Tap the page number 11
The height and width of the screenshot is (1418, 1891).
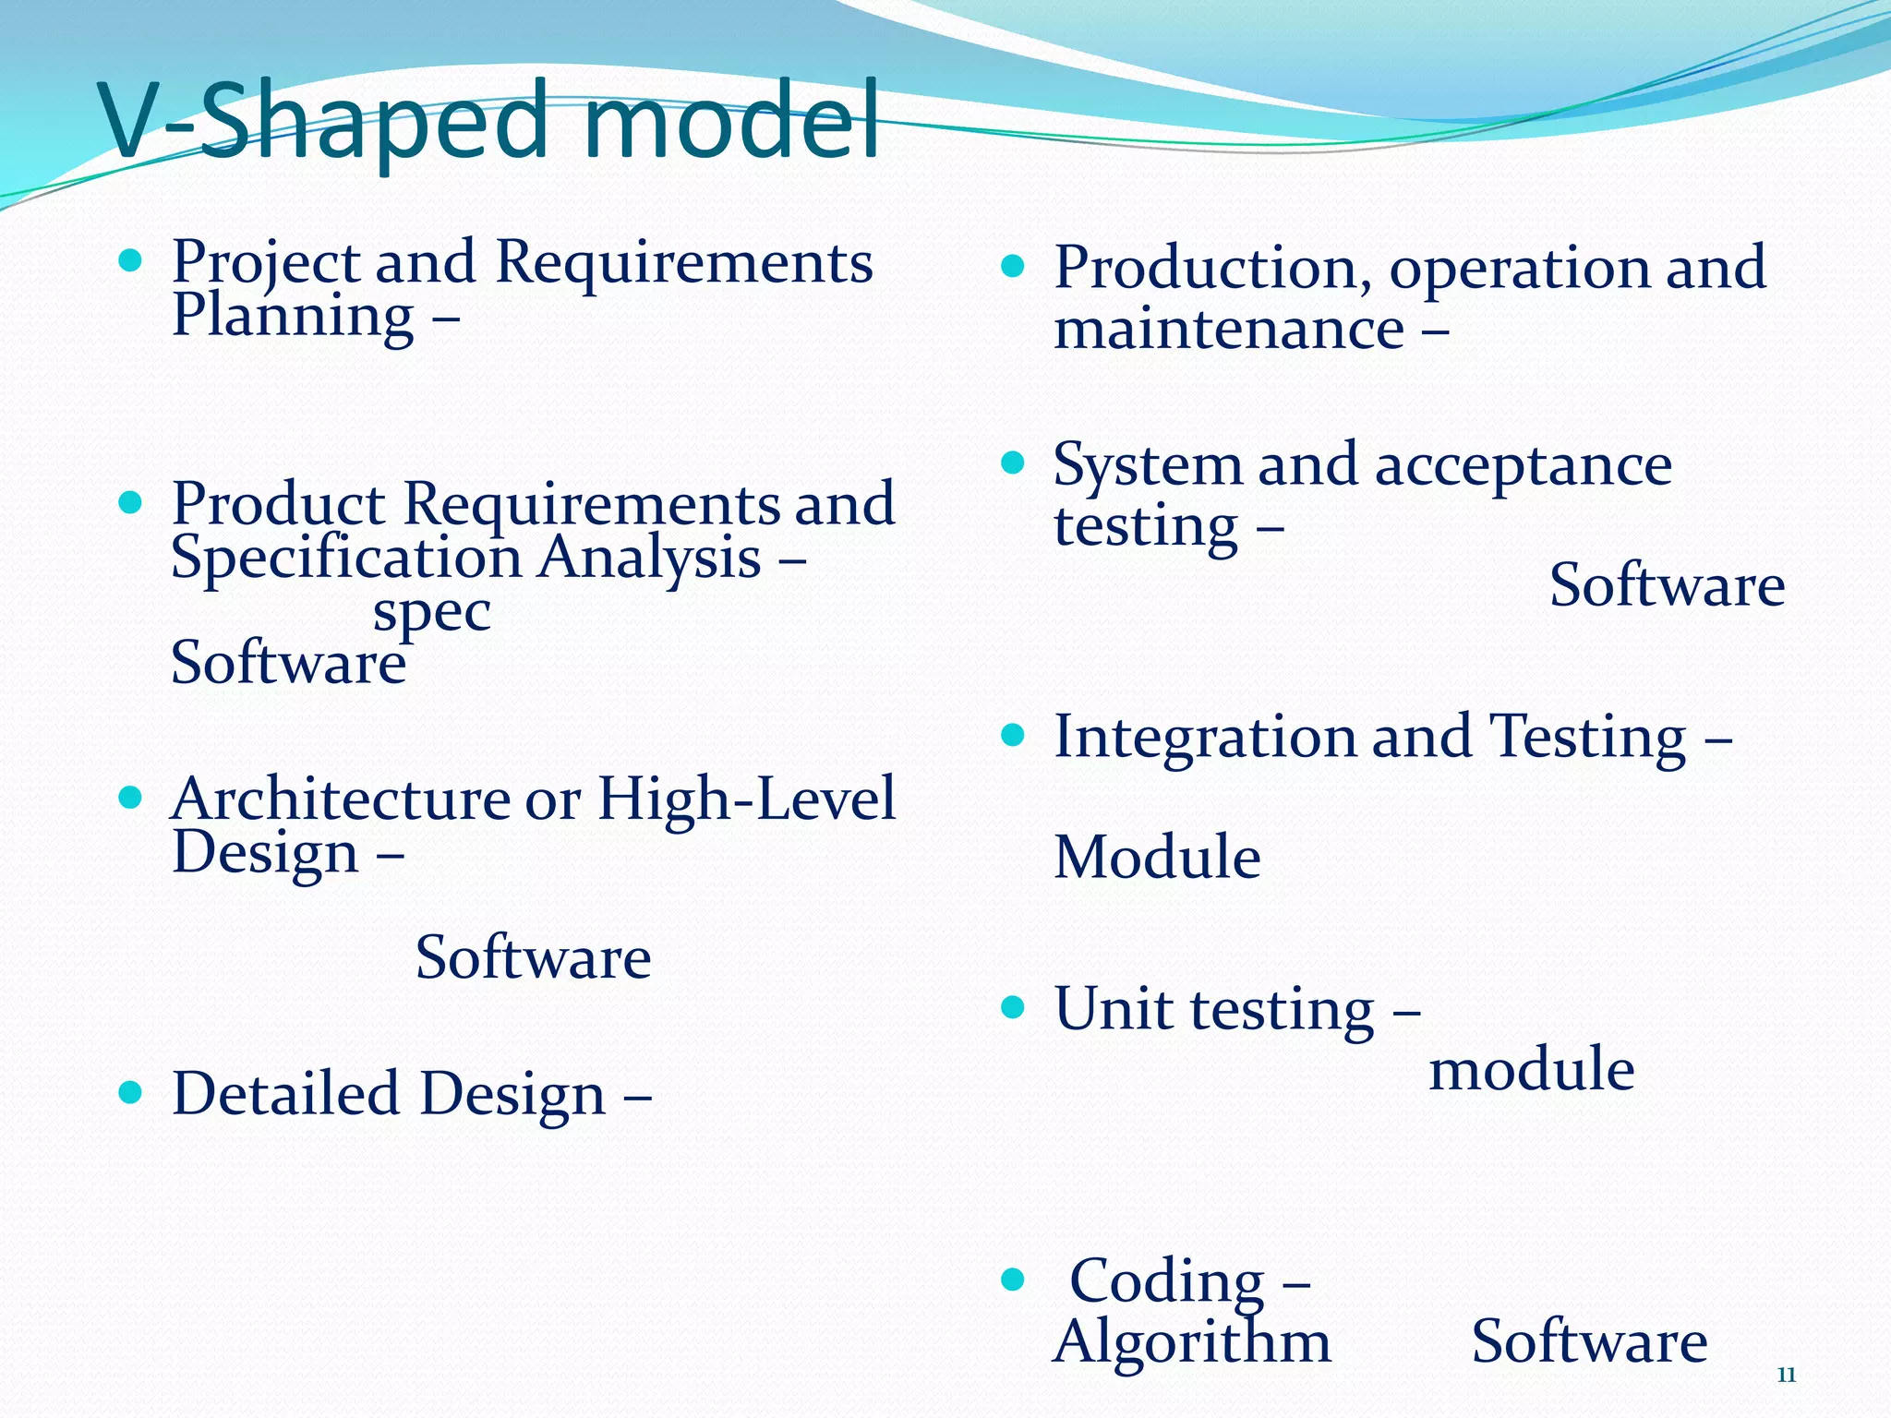coord(1786,1376)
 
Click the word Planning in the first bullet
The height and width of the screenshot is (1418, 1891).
coord(293,317)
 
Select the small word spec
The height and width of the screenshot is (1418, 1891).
coord(431,613)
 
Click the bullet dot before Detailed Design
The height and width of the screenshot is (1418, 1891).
coord(130,1093)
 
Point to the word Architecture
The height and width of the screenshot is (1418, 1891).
coord(340,799)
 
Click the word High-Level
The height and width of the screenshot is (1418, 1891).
coord(746,799)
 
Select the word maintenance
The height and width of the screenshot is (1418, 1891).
coord(1228,330)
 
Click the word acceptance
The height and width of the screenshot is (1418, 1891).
coord(1523,465)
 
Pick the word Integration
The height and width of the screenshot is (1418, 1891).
coord(1204,738)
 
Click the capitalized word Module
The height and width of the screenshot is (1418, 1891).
coord(1156,858)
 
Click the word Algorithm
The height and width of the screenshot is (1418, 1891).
coord(1191,1342)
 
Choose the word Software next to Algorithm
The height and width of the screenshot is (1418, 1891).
coord(1588,1342)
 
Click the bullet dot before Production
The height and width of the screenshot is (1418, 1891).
coord(1013,267)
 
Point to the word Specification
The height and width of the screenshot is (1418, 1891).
coord(346,559)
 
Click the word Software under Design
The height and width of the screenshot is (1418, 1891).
coord(533,958)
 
